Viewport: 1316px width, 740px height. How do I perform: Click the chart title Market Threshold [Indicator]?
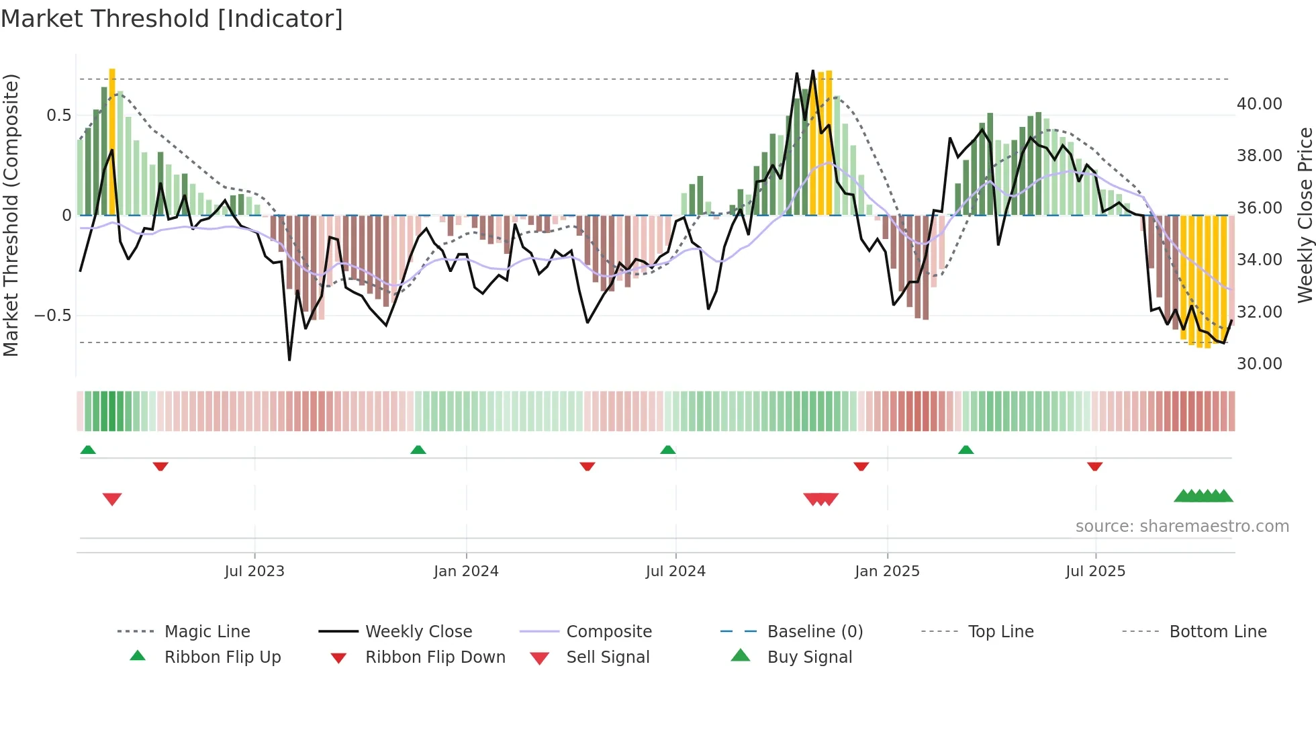[x=172, y=19]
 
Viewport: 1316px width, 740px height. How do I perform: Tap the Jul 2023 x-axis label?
[x=254, y=571]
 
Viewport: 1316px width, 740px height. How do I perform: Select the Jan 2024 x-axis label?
[x=466, y=571]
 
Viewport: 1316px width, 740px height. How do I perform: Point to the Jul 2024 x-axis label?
[x=675, y=571]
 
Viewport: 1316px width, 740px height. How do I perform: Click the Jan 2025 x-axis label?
[x=887, y=571]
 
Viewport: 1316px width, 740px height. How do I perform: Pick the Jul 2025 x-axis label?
[x=1095, y=571]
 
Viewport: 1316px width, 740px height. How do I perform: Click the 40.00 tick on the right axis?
[x=1259, y=104]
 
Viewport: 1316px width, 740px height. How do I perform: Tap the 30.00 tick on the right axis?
[x=1259, y=364]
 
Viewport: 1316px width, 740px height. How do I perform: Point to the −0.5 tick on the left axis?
[x=53, y=316]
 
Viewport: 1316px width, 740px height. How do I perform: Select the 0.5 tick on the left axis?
[x=58, y=115]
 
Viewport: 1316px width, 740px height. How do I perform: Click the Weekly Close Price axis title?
[x=1305, y=215]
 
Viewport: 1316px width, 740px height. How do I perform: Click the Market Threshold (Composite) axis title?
[x=11, y=215]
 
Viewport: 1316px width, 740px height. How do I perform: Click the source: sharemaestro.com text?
[x=1182, y=526]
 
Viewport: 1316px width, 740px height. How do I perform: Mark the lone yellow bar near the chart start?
[x=112, y=141]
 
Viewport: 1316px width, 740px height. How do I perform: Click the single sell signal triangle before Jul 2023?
[x=112, y=499]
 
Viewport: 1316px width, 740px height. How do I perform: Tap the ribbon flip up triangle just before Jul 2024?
[x=667, y=450]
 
